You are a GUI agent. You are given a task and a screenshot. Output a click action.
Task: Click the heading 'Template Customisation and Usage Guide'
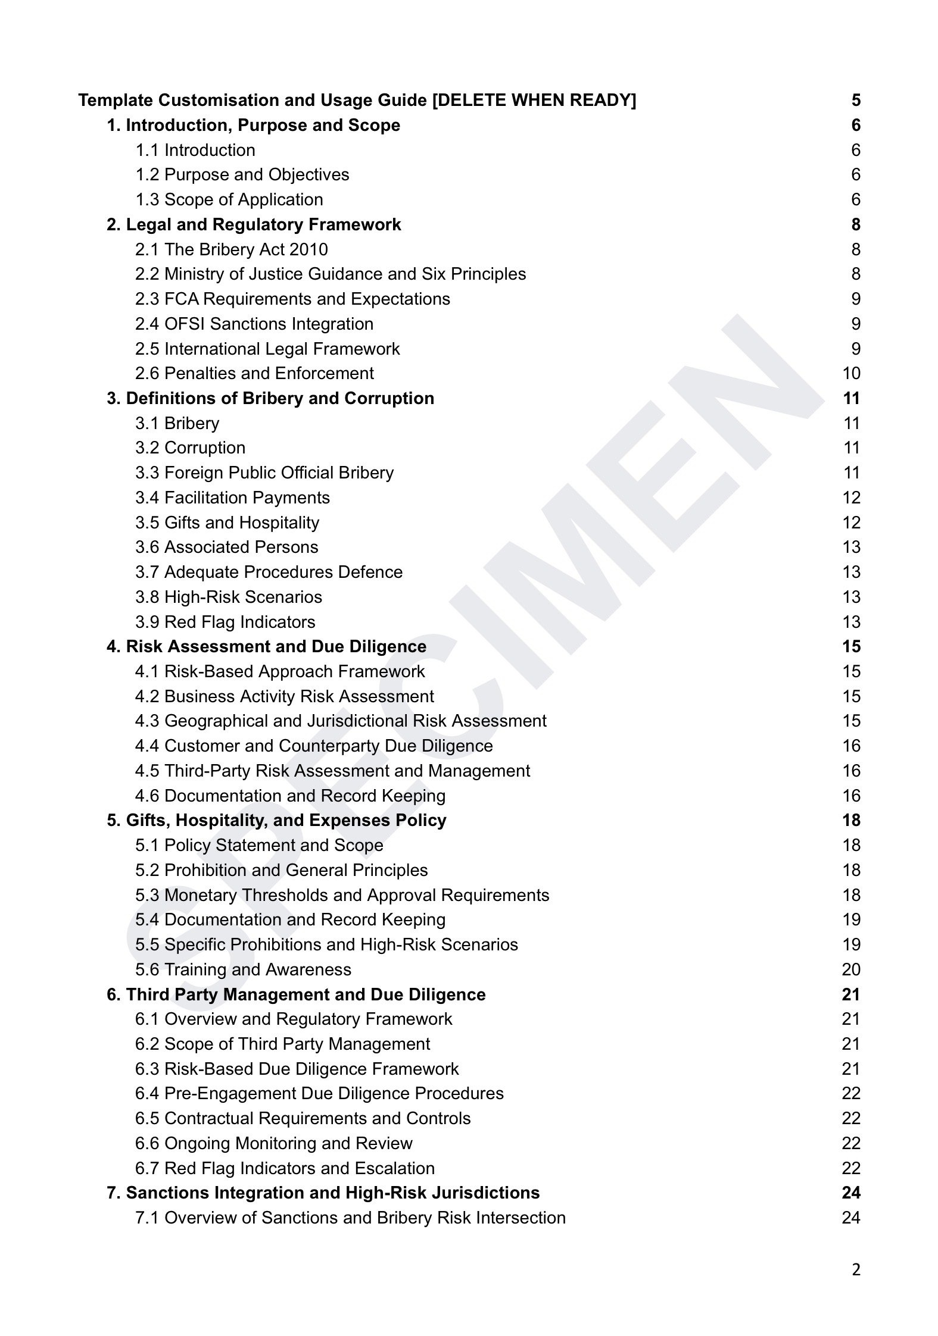253,100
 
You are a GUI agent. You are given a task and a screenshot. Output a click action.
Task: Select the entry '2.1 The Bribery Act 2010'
231,249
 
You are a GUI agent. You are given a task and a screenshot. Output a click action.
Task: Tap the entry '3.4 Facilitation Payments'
232,498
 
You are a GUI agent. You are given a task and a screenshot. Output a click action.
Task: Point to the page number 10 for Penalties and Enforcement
851,373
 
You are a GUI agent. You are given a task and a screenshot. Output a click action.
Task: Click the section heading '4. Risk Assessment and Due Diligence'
266,646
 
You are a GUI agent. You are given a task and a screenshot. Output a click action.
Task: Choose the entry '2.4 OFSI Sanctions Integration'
254,324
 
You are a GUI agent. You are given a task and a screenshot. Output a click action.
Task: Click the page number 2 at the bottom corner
856,1271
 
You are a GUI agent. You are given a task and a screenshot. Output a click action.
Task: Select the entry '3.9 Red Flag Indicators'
225,622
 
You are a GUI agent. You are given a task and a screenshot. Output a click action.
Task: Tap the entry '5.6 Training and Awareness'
243,969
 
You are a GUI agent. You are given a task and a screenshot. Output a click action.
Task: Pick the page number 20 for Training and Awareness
851,969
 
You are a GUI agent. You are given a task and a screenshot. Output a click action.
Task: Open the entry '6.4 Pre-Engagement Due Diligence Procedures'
319,1093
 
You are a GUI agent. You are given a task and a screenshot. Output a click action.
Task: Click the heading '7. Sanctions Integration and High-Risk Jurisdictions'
323,1193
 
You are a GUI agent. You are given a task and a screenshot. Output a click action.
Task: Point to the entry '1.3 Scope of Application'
229,199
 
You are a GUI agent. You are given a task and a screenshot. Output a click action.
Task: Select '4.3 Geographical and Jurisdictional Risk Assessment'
341,721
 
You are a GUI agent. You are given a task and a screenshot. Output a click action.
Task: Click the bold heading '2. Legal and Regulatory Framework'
254,224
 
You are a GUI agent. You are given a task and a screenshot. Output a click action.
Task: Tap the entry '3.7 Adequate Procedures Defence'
269,572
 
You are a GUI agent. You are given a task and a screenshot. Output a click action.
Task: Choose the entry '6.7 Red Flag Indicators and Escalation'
285,1168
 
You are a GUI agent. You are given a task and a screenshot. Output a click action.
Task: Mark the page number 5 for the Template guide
856,100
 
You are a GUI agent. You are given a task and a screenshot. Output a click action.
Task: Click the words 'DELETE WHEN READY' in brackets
534,100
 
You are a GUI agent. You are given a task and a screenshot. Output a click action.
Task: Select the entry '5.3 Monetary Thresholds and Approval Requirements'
342,895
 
